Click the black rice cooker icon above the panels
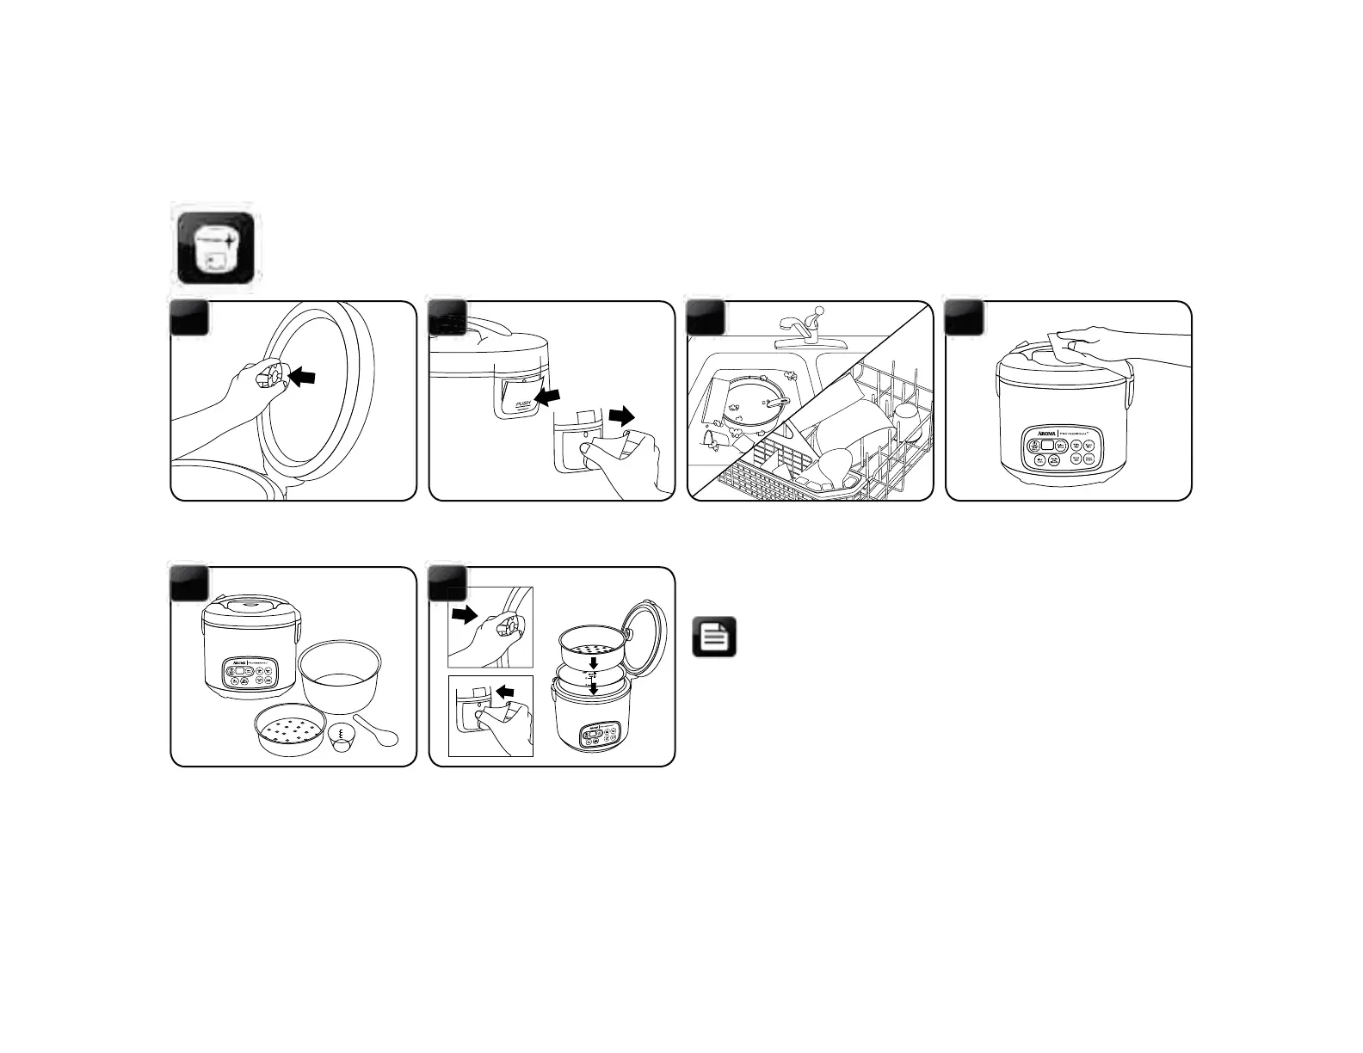(215, 249)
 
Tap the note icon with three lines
(714, 637)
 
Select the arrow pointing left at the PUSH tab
(546, 395)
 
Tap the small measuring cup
(343, 736)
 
